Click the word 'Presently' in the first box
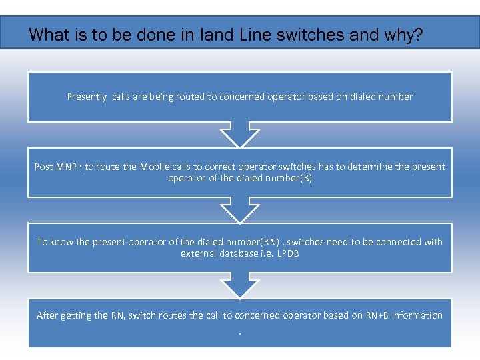pyautogui.click(x=87, y=97)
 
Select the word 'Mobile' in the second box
pyautogui.click(x=155, y=167)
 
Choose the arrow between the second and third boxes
pyautogui.click(x=240, y=210)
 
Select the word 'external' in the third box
pyautogui.click(x=199, y=253)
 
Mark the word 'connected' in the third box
pyautogui.click(x=402, y=242)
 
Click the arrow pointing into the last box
pyautogui.click(x=240, y=285)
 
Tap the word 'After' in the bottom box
pyautogui.click(x=47, y=315)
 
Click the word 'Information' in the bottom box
pyautogui.click(x=417, y=315)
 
